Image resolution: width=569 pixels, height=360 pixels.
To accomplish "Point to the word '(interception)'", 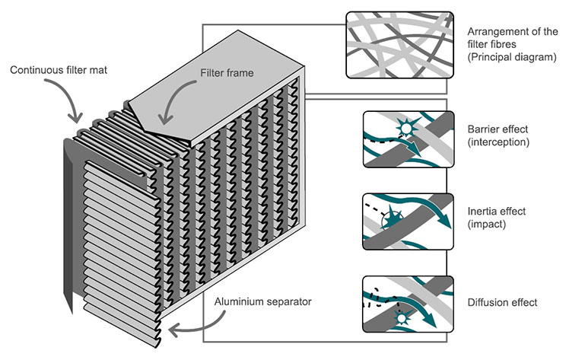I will (x=497, y=142).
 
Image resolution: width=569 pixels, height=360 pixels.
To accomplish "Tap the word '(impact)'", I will (x=484, y=225).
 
